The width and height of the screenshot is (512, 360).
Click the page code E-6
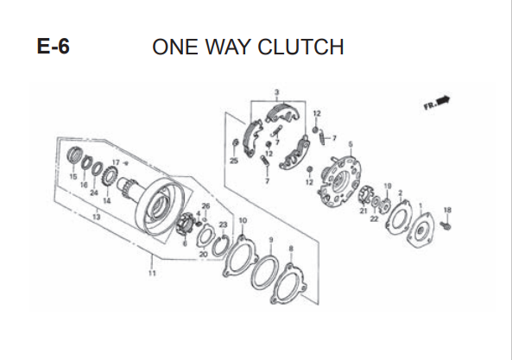tap(54, 47)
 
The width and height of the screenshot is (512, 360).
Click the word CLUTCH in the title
tap(300, 47)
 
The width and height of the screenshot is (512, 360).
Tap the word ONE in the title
tap(175, 47)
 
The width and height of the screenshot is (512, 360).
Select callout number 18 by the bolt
tap(447, 210)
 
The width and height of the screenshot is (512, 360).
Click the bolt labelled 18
tap(446, 224)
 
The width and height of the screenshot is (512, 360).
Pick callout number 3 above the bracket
tap(277, 92)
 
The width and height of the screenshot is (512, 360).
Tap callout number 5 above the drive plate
tap(351, 144)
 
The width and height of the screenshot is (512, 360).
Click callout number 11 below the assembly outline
tap(152, 273)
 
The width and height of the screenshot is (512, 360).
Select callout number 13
tap(97, 217)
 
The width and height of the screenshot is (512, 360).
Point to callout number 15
tap(73, 177)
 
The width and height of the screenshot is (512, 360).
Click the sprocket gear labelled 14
tap(110, 176)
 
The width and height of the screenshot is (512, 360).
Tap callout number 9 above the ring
tap(271, 240)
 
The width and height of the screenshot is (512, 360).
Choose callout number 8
tap(291, 249)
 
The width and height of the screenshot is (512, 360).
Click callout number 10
tap(243, 221)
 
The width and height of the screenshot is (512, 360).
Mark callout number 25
tap(234, 161)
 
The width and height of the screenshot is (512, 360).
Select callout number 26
tap(205, 206)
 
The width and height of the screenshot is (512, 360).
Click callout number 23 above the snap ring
tap(223, 224)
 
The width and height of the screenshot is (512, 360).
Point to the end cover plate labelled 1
tap(420, 231)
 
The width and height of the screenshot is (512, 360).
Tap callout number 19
tap(388, 186)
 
